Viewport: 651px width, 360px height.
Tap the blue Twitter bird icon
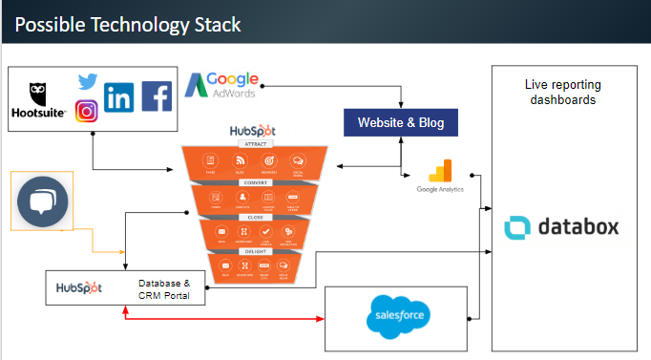click(88, 82)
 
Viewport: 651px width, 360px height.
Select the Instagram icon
click(87, 111)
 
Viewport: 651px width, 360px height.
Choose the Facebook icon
click(157, 96)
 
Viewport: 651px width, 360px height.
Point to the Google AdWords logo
click(221, 87)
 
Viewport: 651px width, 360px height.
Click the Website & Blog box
click(401, 123)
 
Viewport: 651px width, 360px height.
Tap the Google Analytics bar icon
click(439, 173)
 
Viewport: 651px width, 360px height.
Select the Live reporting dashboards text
click(563, 92)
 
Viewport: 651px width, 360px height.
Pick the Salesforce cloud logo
click(399, 317)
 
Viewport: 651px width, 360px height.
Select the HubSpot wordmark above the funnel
click(253, 132)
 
